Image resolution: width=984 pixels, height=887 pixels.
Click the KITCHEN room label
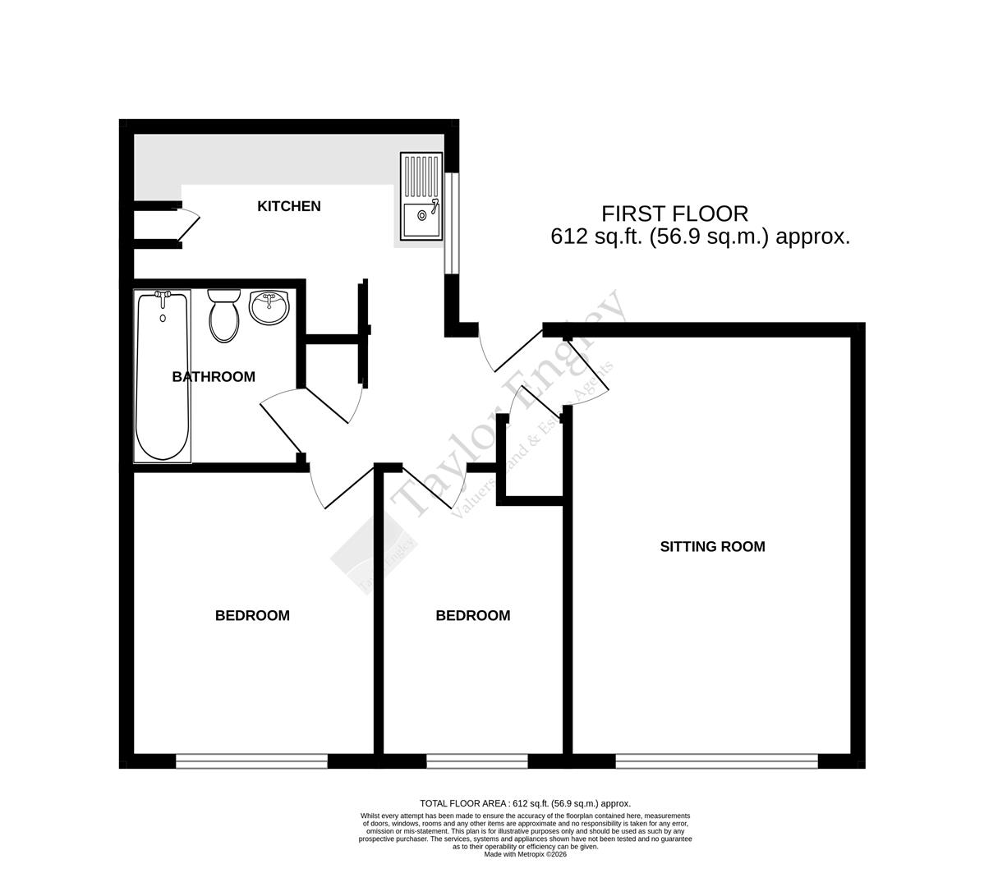288,206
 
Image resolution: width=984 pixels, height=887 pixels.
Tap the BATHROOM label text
214,377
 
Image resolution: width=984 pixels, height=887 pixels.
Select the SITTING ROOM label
712,546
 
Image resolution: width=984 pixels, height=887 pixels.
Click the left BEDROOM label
252,615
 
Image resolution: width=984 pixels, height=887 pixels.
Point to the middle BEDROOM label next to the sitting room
472,615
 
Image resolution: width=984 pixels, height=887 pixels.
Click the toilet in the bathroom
223,315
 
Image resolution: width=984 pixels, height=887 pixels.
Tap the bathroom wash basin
269,308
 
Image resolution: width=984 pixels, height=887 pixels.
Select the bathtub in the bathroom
163,378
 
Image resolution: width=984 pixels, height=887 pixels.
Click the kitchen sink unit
421,197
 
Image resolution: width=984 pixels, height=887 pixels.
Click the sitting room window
716,761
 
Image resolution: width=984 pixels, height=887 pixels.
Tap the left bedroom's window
251,761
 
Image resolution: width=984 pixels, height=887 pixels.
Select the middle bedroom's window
476,761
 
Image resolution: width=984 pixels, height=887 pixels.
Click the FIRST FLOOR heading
675,214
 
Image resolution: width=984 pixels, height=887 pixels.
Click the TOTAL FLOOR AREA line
525,803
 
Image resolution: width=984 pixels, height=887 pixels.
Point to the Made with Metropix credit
525,854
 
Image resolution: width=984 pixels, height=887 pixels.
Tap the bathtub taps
163,296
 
